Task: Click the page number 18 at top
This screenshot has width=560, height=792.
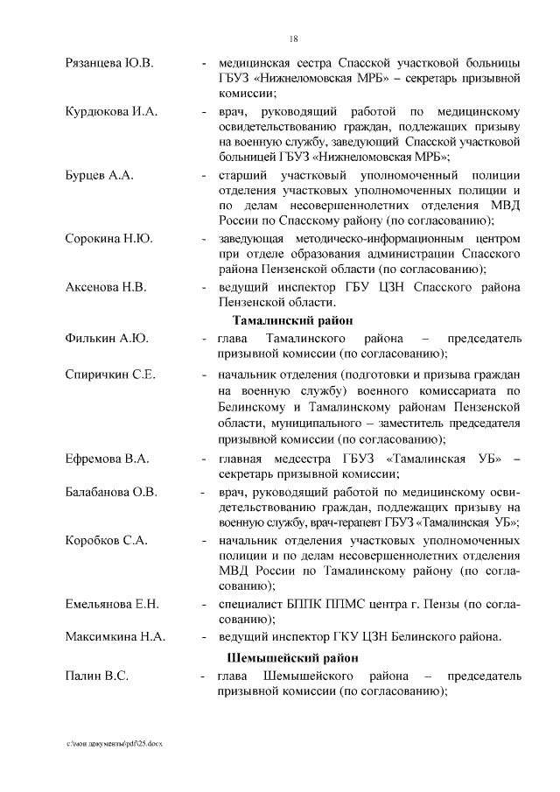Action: [x=294, y=39]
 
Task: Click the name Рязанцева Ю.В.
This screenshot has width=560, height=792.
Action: [x=109, y=63]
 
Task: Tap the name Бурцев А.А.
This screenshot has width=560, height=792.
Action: [x=99, y=175]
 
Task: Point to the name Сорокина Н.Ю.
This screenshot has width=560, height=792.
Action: [x=109, y=239]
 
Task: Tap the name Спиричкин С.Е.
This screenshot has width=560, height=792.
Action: [x=110, y=375]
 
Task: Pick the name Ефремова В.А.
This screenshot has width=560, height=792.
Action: [x=108, y=459]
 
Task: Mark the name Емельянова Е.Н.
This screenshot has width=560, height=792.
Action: [x=112, y=604]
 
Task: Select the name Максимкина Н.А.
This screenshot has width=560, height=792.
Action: [x=115, y=635]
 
